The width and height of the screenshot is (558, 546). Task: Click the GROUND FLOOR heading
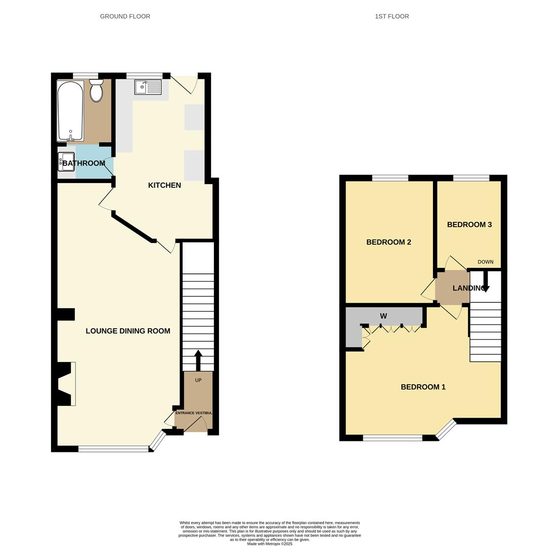125,16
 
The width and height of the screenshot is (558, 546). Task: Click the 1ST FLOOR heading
392,16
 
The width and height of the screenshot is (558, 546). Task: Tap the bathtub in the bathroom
70,110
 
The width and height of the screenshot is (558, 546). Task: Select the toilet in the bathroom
96,90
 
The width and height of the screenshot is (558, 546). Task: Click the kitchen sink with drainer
148,87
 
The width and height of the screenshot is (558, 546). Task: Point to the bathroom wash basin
66,162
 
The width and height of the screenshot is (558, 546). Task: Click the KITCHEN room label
164,186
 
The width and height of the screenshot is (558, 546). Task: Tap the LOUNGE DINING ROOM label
127,331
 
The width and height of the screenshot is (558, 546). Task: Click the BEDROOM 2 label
389,242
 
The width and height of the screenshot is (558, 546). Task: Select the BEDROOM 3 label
469,224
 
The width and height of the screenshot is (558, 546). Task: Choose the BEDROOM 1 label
423,387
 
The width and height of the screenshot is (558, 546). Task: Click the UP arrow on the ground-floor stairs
198,359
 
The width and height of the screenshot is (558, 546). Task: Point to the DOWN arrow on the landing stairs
486,282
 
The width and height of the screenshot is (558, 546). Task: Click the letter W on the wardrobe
383,316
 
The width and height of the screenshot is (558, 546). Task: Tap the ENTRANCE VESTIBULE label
194,413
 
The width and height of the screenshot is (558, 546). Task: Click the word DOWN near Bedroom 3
485,262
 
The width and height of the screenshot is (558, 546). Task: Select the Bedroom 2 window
390,178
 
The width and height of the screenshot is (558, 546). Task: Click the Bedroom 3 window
471,178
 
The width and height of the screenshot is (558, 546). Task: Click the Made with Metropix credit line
270,543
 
